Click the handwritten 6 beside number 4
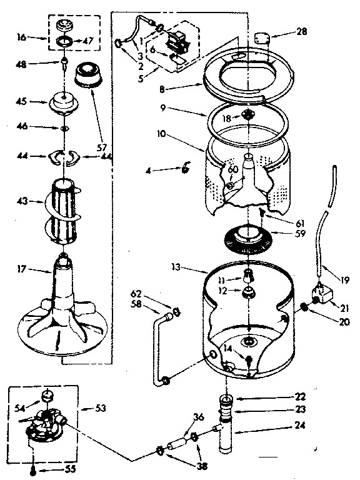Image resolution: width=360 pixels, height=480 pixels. click(186, 167)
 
